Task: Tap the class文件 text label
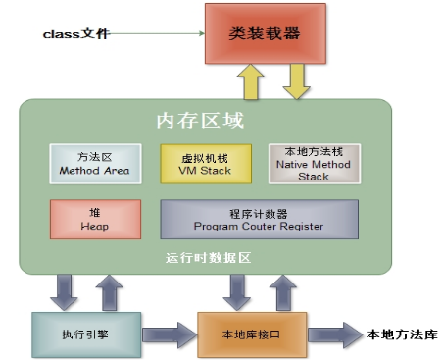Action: (76, 34)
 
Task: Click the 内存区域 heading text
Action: (201, 121)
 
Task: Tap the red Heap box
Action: (85, 219)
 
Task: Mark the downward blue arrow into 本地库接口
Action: (236, 291)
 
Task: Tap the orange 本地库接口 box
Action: (254, 334)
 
